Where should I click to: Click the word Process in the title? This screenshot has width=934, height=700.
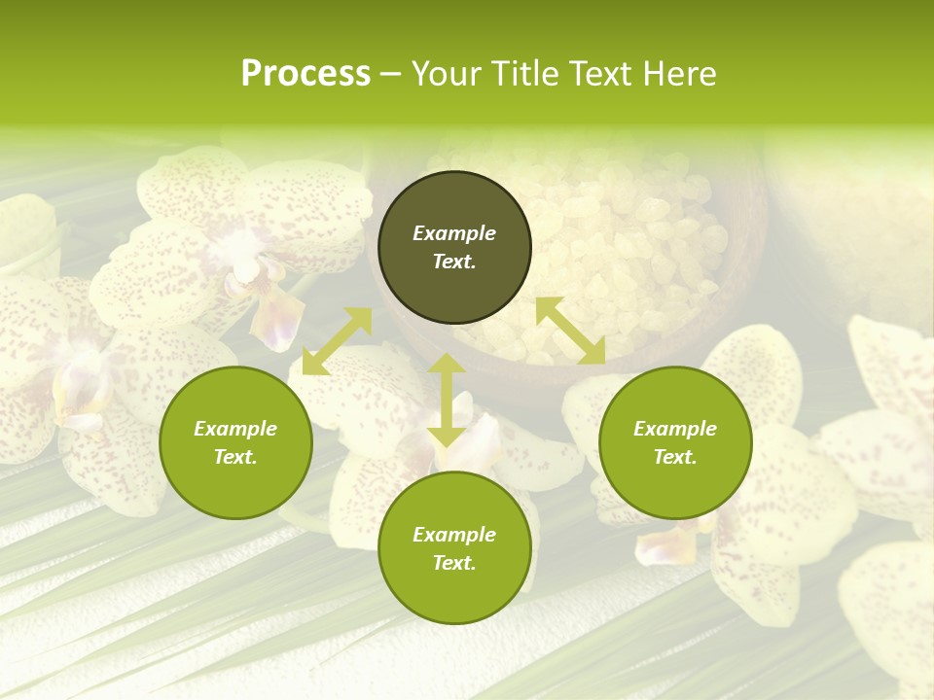pyautogui.click(x=305, y=74)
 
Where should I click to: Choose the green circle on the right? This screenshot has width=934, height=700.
pyautogui.click(x=675, y=476)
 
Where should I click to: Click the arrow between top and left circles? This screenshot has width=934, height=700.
pyautogui.click(x=337, y=341)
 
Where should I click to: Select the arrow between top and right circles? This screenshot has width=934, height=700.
pyautogui.click(x=570, y=331)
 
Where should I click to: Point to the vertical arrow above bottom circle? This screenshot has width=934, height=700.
pyautogui.click(x=447, y=400)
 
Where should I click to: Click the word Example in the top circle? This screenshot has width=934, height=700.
pyautogui.click(x=454, y=233)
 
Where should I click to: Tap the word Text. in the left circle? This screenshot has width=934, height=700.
pyautogui.click(x=235, y=457)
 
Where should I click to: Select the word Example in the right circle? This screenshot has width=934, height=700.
pyautogui.click(x=675, y=429)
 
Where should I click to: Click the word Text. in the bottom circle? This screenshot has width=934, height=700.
pyautogui.click(x=454, y=563)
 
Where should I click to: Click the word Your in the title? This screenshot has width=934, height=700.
pyautogui.click(x=448, y=74)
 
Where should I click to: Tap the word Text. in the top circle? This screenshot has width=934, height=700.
pyautogui.click(x=454, y=262)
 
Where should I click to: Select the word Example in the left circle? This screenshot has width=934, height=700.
pyautogui.click(x=235, y=429)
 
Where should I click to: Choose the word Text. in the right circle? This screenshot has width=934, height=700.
pyautogui.click(x=675, y=457)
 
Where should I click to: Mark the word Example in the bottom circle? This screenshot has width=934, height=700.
pyautogui.click(x=454, y=535)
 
